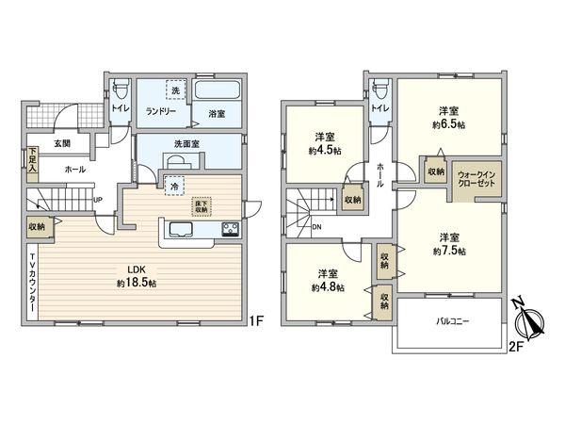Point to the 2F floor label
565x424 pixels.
click(515, 346)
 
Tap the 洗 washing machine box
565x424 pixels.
click(173, 90)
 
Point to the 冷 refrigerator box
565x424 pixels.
click(174, 187)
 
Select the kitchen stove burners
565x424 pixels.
click(231, 228)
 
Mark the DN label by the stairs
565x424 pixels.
click(316, 226)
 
